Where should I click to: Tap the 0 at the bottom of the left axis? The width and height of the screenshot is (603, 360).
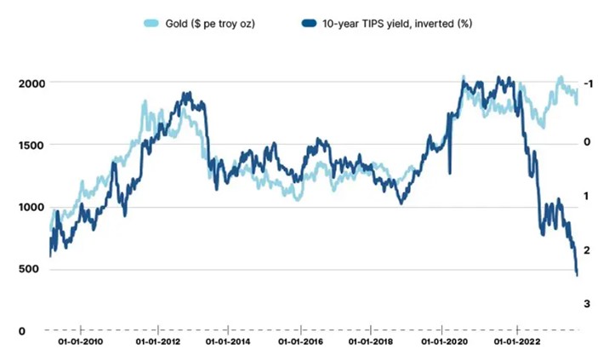[x=23, y=331]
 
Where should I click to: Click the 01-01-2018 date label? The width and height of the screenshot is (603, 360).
[x=373, y=344]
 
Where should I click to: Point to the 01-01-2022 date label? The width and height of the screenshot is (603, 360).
[x=519, y=344]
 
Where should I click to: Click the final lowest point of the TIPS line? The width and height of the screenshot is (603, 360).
[x=577, y=274]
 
